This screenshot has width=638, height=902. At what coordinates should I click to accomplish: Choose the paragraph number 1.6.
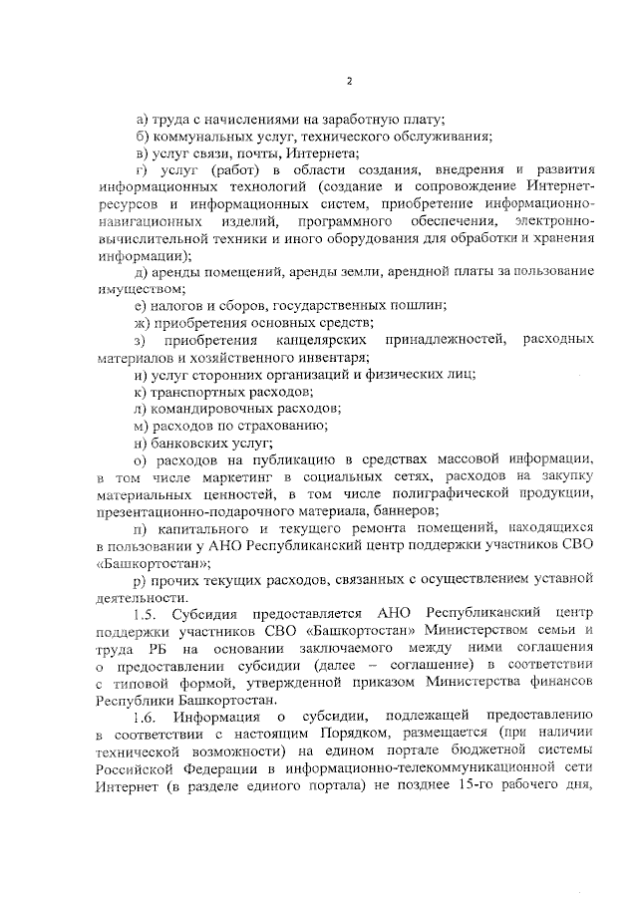pos(145,718)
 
